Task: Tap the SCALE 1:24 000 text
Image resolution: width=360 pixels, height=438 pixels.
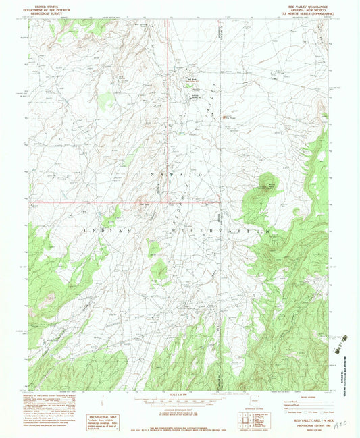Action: (x=179, y=395)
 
